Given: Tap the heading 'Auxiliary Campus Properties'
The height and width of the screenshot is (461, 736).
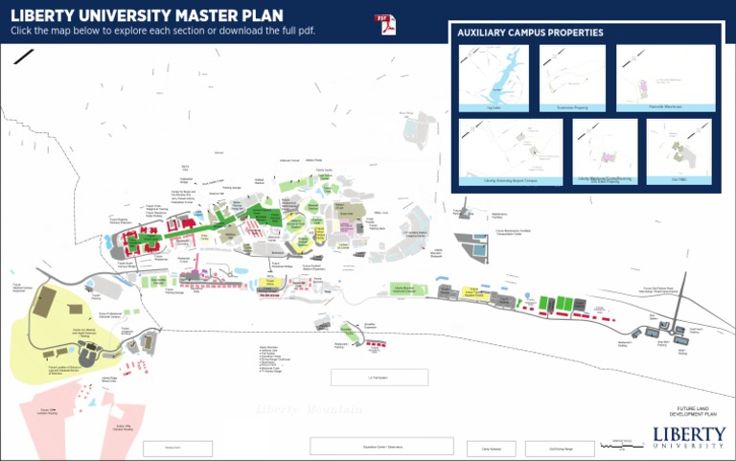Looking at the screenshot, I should pyautogui.click(x=530, y=33).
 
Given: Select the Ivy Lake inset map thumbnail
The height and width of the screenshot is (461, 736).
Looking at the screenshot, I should pyautogui.click(x=493, y=79).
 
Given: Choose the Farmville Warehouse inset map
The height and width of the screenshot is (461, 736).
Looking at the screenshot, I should pyautogui.click(x=651, y=79).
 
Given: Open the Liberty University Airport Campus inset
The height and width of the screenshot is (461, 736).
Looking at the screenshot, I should pyautogui.click(x=510, y=151).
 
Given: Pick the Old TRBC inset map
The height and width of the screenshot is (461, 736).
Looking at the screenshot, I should pyautogui.click(x=678, y=151).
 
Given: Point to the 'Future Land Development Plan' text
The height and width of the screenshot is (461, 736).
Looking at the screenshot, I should pyautogui.click(x=689, y=411).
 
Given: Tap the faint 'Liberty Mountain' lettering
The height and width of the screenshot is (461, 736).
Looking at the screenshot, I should pyautogui.click(x=310, y=409).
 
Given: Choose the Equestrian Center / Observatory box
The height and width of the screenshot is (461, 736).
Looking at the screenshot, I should pyautogui.click(x=381, y=447).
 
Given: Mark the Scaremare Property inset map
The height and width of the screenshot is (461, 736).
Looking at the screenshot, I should pyautogui.click(x=571, y=79).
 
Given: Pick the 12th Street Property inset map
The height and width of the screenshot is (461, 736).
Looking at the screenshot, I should pyautogui.click(x=605, y=151).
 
